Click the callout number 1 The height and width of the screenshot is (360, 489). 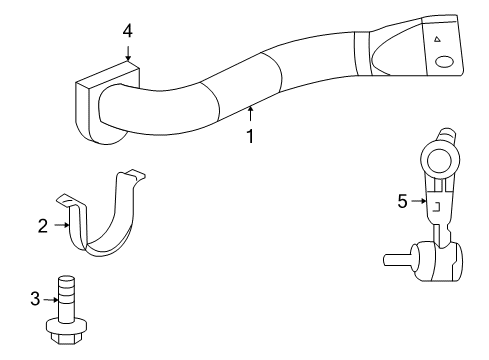pyautogui.click(x=250, y=135)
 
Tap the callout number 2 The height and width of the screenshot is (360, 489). pyautogui.click(x=43, y=226)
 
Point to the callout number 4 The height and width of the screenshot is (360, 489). pyautogui.click(x=128, y=31)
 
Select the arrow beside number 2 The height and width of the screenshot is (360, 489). pyautogui.click(x=60, y=226)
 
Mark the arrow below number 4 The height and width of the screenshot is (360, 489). pyautogui.click(x=128, y=53)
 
